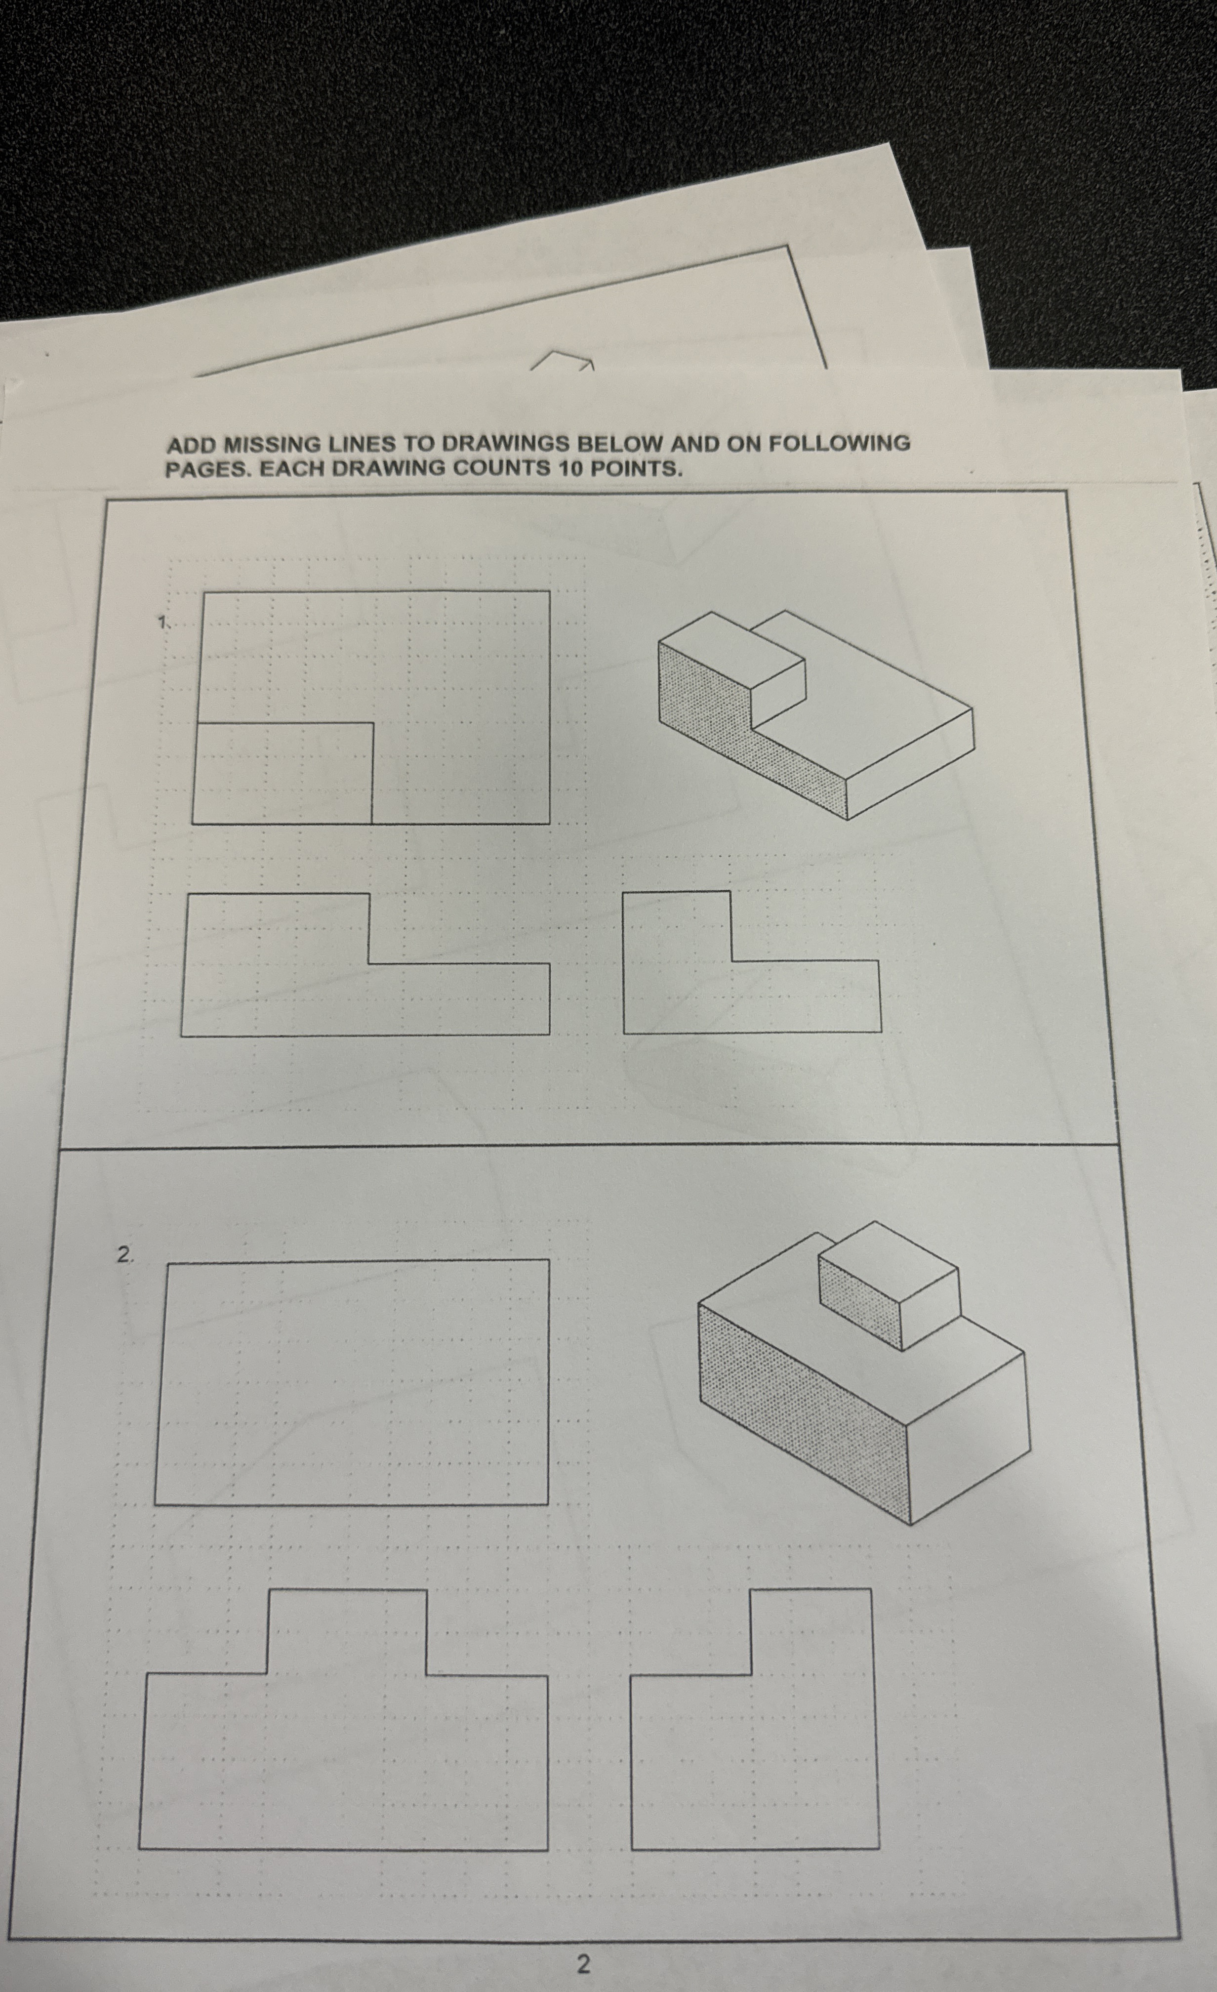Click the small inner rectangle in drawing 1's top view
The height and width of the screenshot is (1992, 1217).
(283, 773)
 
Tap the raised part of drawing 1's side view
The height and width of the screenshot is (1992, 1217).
(677, 926)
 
